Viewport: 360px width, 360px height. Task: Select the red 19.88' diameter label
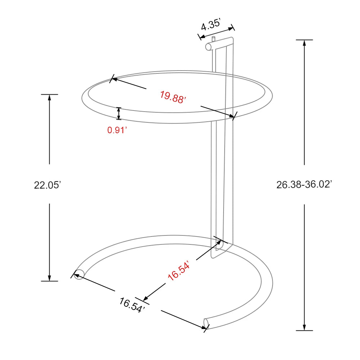tap(173, 97)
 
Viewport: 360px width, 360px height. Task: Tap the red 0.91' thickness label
tap(118, 130)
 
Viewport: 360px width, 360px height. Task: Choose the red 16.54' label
tap(179, 271)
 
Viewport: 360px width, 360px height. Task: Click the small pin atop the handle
tap(213, 38)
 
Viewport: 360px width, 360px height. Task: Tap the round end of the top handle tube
tap(208, 46)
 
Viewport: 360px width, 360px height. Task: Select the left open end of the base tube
tap(79, 274)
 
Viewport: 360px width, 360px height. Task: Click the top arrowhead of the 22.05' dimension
tap(49, 97)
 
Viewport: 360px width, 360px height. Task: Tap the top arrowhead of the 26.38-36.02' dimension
tap(305, 42)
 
